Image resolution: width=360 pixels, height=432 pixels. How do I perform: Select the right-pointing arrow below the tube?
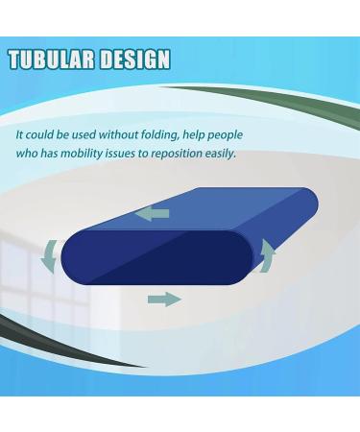click(164, 300)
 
